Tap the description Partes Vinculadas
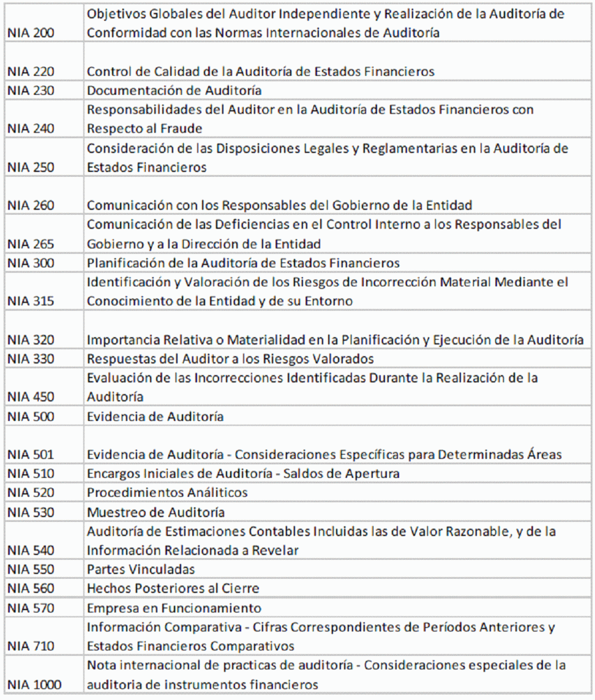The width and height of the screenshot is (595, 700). pos(141,569)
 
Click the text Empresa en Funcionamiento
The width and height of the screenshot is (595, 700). pos(174,608)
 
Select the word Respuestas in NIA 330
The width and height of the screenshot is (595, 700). pos(116,359)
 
